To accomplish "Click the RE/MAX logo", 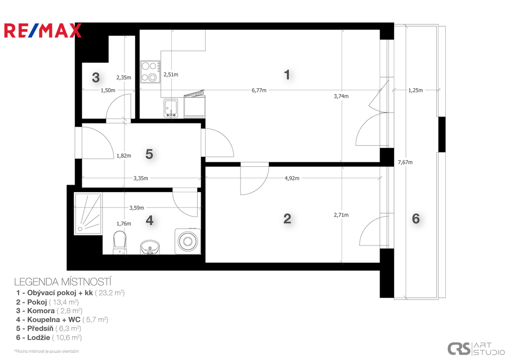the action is pyautogui.click(x=43, y=30).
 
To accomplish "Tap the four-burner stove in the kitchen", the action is pyautogui.click(x=150, y=72).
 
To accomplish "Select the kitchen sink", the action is pyautogui.click(x=170, y=108).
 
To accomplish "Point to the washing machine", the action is pyautogui.click(x=187, y=241).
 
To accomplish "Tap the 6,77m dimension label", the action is pyautogui.click(x=259, y=90).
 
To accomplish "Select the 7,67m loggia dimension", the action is pyautogui.click(x=405, y=162).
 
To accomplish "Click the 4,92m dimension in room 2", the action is pyautogui.click(x=292, y=178).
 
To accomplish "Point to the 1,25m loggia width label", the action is pyautogui.click(x=415, y=90).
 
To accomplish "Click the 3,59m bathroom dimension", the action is pyautogui.click(x=136, y=208).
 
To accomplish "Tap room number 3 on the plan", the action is pyautogui.click(x=96, y=77).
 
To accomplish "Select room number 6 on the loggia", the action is pyautogui.click(x=416, y=219).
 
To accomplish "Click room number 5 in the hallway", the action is pyautogui.click(x=149, y=154).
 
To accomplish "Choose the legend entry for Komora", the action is pyautogui.click(x=49, y=311).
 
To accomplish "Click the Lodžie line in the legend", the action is pyautogui.click(x=49, y=338).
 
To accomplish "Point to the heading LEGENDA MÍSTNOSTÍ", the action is pyautogui.click(x=63, y=282).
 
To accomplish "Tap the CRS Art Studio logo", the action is pyautogui.click(x=476, y=349).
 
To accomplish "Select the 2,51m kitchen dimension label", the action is pyautogui.click(x=171, y=75).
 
